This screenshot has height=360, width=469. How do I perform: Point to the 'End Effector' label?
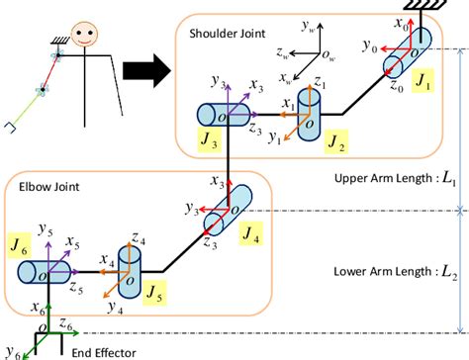coord(101,351)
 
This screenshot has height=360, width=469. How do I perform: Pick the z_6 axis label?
coord(64,323)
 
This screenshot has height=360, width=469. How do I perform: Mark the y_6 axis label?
coord(11,349)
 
